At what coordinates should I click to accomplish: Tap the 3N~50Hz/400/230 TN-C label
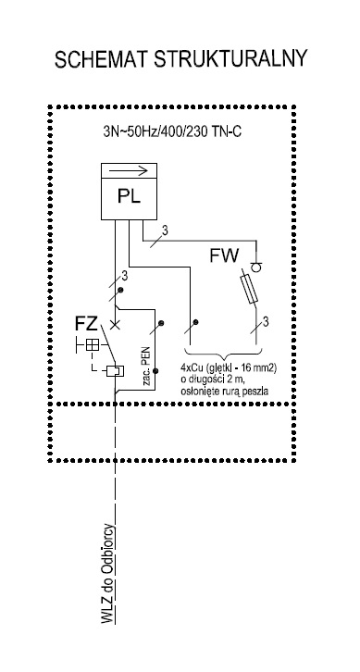pyautogui.click(x=172, y=132)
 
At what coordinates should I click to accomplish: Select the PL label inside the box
pyautogui.click(x=129, y=197)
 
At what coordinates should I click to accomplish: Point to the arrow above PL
pyautogui.click(x=129, y=170)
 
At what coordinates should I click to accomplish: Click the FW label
pyautogui.click(x=224, y=256)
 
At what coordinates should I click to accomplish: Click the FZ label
pyautogui.click(x=86, y=324)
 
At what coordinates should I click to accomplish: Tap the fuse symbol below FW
pyautogui.click(x=250, y=286)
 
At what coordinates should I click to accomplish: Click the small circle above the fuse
pyautogui.click(x=255, y=267)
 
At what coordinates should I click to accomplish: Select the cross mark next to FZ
pyautogui.click(x=115, y=325)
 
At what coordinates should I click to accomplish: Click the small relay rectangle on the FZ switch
pyautogui.click(x=115, y=370)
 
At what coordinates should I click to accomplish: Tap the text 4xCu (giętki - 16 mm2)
pyautogui.click(x=229, y=368)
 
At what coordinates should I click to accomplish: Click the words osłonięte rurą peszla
pyautogui.click(x=225, y=391)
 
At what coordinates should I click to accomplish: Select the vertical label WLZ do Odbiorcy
pyautogui.click(x=108, y=574)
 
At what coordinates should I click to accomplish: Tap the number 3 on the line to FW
pyautogui.click(x=165, y=230)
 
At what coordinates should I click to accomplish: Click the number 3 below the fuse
pyautogui.click(x=266, y=321)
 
